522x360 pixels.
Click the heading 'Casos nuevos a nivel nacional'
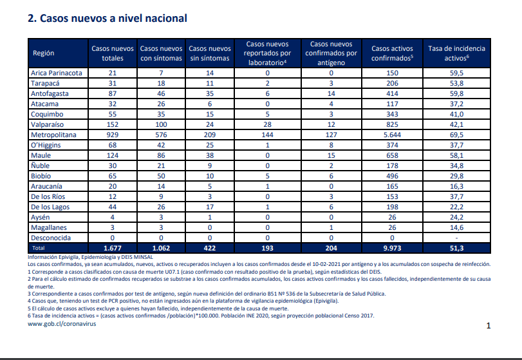click(113, 18)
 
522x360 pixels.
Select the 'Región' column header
click(43, 53)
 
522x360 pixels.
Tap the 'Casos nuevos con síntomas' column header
click(161, 53)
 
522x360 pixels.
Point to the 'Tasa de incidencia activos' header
click(456, 53)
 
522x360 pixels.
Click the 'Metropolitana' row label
click(53, 135)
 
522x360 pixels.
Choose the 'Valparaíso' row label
click(47, 124)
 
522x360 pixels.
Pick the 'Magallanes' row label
click(49, 228)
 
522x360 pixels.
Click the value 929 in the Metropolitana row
click(113, 135)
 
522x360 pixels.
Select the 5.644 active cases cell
click(392, 135)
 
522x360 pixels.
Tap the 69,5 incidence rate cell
click(456, 135)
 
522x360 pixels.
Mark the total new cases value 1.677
click(113, 248)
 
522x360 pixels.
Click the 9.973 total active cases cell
click(392, 248)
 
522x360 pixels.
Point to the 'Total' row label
click(38, 248)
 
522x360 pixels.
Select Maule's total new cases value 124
click(113, 155)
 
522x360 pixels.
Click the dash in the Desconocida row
click(456, 238)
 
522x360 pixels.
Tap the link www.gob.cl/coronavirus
click(62, 324)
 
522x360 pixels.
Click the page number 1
click(489, 326)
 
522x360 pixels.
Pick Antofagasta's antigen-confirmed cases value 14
click(331, 93)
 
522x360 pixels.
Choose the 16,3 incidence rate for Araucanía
click(456, 187)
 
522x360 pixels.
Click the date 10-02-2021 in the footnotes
click(326, 264)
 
